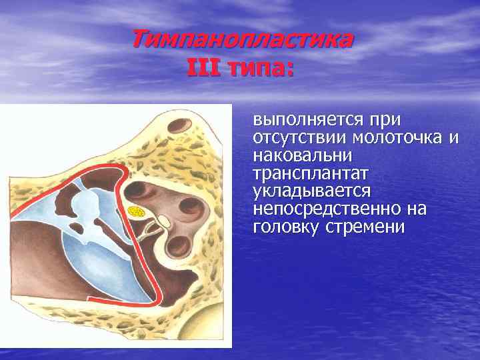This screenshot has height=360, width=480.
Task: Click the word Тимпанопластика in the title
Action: tap(242, 40)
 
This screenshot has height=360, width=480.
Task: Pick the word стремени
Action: tap(361, 227)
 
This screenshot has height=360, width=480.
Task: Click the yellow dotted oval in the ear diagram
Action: tap(137, 213)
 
